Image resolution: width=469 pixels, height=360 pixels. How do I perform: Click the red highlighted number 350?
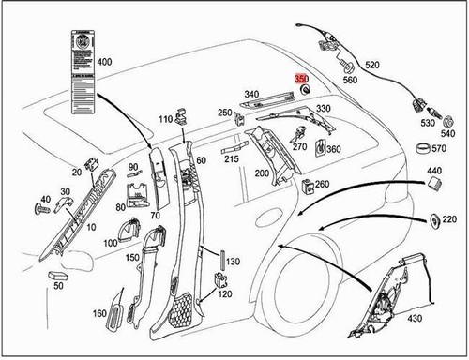tap(301, 79)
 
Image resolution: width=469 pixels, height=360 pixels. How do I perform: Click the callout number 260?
tap(322, 184)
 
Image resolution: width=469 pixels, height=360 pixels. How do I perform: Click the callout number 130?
tap(234, 261)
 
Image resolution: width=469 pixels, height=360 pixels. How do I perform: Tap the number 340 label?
tap(251, 94)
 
